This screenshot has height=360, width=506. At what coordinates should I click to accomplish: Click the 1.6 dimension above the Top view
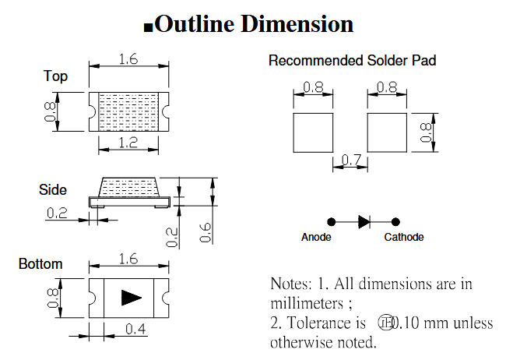(129, 59)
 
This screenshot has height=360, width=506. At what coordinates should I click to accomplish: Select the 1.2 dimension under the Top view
(128, 143)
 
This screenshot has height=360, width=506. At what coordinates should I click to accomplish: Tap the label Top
(55, 76)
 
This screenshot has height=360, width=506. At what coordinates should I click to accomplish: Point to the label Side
(53, 189)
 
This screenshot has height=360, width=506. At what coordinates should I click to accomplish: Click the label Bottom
(40, 264)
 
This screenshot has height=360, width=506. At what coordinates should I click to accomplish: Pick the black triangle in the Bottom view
(131, 298)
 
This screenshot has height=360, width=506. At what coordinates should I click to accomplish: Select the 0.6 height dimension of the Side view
(205, 232)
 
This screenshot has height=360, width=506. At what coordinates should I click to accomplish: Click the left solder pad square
(312, 132)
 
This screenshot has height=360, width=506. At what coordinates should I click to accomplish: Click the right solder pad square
(387, 132)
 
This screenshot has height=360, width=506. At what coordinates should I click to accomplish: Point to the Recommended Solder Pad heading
(352, 60)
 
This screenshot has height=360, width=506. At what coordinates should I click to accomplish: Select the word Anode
(316, 237)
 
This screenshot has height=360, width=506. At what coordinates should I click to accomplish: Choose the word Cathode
(403, 237)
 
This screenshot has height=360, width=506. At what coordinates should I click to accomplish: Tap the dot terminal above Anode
(330, 221)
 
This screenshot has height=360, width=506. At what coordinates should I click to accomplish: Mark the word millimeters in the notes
(308, 302)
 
